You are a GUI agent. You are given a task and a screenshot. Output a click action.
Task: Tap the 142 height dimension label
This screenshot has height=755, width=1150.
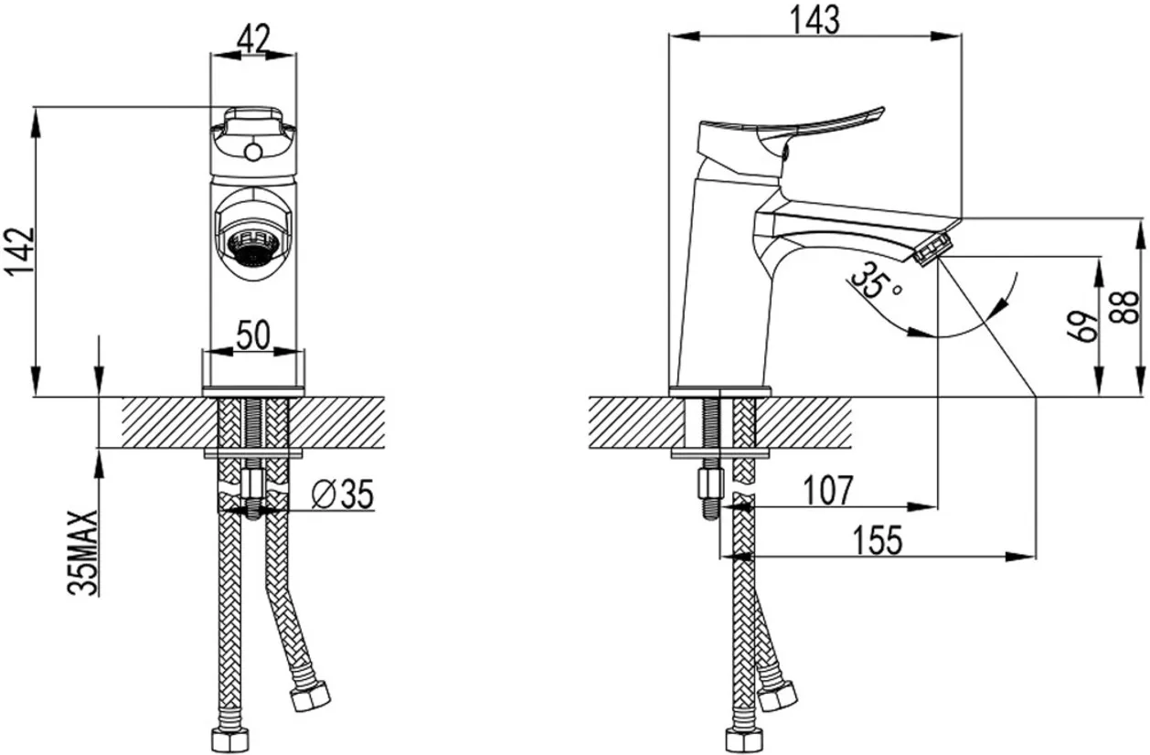pos(20,252)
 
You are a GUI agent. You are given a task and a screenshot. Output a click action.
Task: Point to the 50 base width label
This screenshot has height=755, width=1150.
pos(253,335)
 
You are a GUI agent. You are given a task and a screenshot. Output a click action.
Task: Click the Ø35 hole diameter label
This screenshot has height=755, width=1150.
pos(343,494)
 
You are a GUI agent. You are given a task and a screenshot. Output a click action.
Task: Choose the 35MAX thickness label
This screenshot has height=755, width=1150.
pos(82,553)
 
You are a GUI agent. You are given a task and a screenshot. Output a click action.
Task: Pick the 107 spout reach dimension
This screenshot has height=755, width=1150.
pos(827,490)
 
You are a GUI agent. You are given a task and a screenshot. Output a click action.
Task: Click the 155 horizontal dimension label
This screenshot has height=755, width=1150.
pos(878,540)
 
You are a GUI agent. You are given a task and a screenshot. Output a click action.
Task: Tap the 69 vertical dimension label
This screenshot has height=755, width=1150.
pos(1082,326)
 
